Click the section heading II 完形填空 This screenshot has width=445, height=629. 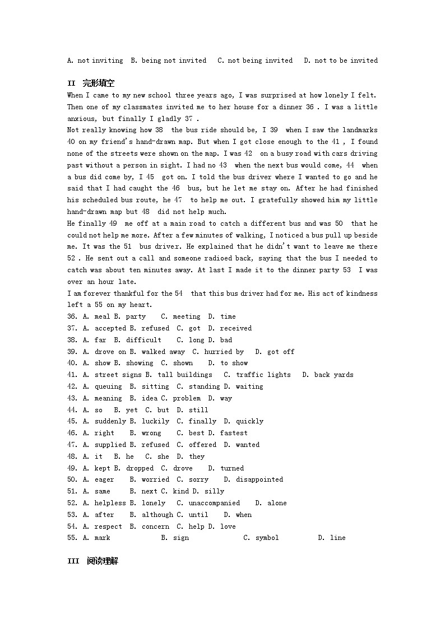[x=91, y=83]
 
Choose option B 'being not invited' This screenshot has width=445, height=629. [x=174, y=60]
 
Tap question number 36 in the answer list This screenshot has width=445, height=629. [x=72, y=316]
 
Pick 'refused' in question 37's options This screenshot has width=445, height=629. [x=155, y=328]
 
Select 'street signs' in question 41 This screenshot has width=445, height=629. [x=114, y=375]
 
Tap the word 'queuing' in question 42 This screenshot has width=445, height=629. [x=108, y=386]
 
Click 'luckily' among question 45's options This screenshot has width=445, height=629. [x=155, y=421]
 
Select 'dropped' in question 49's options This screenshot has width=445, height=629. [x=140, y=468]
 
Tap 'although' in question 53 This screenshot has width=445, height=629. [x=157, y=515]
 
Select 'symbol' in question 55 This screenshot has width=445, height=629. [x=267, y=538]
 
